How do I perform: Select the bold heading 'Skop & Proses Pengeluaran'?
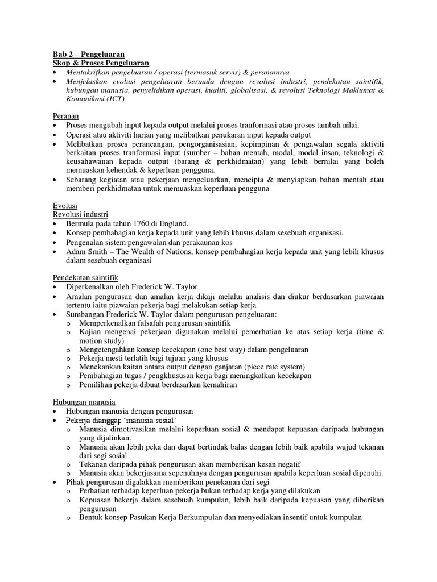click(x=100, y=63)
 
